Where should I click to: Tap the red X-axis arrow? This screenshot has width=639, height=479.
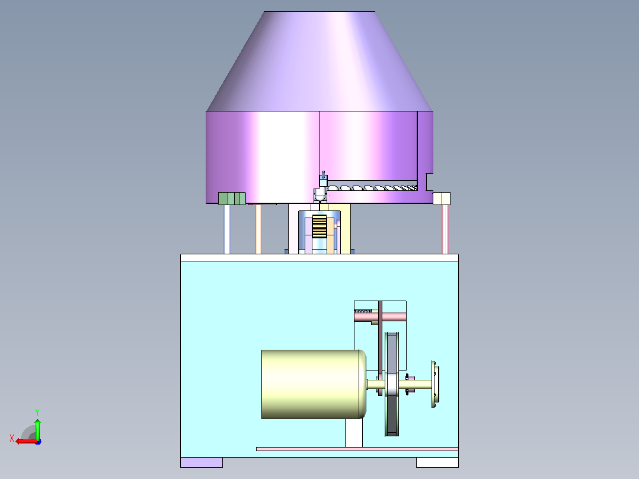point(27,442)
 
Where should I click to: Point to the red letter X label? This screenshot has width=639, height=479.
point(12,438)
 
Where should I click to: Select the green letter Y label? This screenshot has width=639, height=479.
point(37,412)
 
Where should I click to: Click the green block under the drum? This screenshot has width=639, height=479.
point(232,199)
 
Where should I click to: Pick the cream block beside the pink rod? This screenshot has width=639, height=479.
point(442,199)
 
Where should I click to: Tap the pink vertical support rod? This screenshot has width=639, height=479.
point(445,229)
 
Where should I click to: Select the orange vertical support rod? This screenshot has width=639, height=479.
point(258,229)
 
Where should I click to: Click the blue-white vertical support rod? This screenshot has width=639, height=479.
point(227,229)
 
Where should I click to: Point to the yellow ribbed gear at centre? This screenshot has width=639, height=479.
point(319,226)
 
